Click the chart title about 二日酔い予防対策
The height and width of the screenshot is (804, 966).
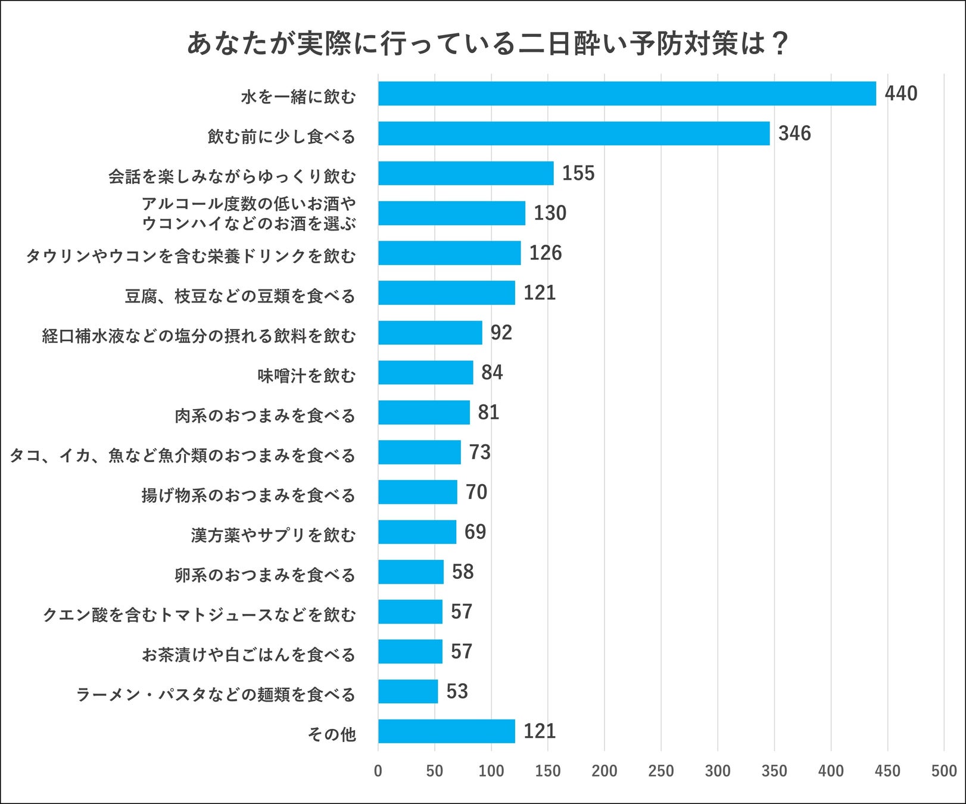487,43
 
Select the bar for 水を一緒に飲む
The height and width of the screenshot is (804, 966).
627,94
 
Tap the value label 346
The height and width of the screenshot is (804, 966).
794,133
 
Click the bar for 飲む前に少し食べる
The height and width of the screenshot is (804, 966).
574,133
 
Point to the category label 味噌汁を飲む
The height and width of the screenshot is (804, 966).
306,376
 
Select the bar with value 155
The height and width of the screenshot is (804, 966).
466,173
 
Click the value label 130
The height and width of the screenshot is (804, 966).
550,213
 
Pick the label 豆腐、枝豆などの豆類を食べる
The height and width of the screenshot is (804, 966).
239,296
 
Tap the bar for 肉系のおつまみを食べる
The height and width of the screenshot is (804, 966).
423,412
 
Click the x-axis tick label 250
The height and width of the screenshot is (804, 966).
660,771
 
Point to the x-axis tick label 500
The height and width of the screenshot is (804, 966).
943,771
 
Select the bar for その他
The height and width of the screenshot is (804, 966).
446,731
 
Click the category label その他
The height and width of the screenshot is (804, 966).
331,734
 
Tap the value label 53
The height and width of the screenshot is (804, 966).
457,691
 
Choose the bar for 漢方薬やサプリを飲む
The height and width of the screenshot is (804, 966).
417,532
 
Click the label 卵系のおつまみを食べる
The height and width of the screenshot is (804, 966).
264,575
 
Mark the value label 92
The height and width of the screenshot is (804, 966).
501,332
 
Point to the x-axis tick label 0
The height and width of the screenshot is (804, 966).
378,771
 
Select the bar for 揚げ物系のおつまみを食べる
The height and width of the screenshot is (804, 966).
417,492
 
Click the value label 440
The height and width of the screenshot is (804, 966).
900,94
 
